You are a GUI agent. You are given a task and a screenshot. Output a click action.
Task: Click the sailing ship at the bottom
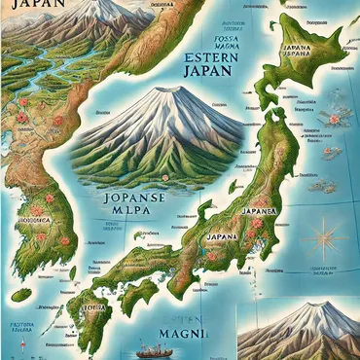pyautogui.click(x=147, y=347)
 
